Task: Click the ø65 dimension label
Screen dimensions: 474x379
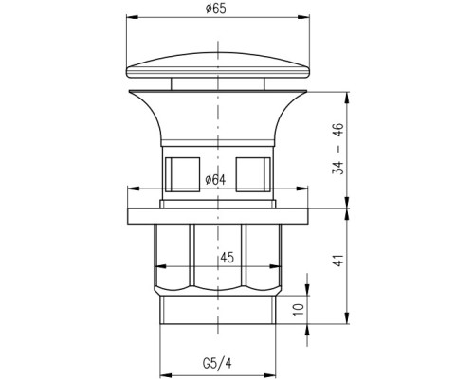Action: click(x=216, y=9)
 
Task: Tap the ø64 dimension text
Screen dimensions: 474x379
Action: click(x=215, y=180)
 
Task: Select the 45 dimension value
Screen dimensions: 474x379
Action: click(x=228, y=258)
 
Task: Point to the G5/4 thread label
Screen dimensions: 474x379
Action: click(x=217, y=363)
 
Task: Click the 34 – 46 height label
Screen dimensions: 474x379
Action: click(x=337, y=149)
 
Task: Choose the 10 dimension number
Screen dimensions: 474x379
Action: click(x=299, y=310)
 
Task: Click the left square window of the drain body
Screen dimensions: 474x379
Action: click(x=183, y=174)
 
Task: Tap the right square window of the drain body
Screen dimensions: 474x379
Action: click(x=253, y=174)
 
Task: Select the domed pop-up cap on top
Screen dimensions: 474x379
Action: click(x=218, y=64)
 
